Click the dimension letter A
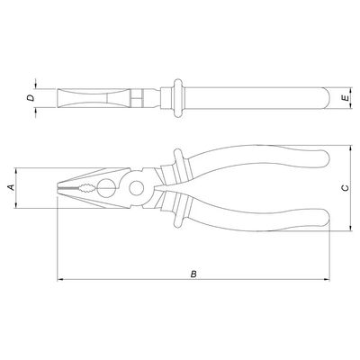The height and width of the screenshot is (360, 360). pos(12,187)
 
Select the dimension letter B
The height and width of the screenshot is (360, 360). pos(193,274)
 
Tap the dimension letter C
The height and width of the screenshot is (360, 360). pos(346,188)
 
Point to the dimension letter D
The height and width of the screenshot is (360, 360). pos(31,98)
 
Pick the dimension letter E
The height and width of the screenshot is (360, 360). pos(346,98)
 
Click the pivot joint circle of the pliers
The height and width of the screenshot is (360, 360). pos(137,188)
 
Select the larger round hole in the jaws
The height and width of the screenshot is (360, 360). pos(106,188)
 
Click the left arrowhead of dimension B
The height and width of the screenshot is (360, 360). pos(59,280)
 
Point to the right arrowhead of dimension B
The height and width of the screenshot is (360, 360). pos(327,280)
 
